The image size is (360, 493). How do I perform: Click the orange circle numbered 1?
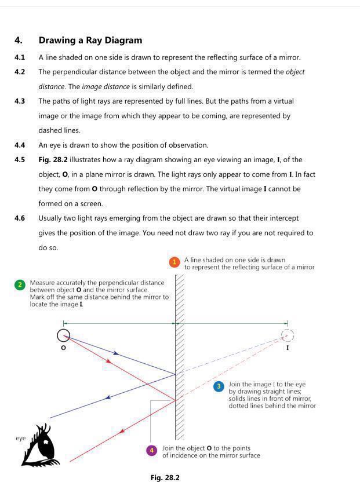tap(174, 262)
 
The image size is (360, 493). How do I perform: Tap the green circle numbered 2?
tap(20, 285)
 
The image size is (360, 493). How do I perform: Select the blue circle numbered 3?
tap(219, 386)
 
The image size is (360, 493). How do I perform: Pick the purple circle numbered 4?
tap(152, 450)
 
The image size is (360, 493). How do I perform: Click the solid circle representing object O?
tap(64, 335)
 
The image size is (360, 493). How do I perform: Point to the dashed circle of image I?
tap(287, 335)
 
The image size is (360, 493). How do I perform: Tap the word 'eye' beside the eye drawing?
tap(21, 438)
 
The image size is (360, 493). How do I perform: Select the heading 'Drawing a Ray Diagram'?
tap(90, 41)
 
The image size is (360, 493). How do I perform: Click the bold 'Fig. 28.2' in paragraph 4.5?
tap(55, 159)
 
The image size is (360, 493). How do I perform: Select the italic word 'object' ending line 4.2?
tap(295, 72)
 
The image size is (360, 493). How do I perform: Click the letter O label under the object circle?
tap(63, 348)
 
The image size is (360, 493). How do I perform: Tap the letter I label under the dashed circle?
tap(288, 348)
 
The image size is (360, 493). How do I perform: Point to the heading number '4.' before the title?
tap(19, 41)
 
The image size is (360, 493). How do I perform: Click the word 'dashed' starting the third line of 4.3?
tap(51, 130)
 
